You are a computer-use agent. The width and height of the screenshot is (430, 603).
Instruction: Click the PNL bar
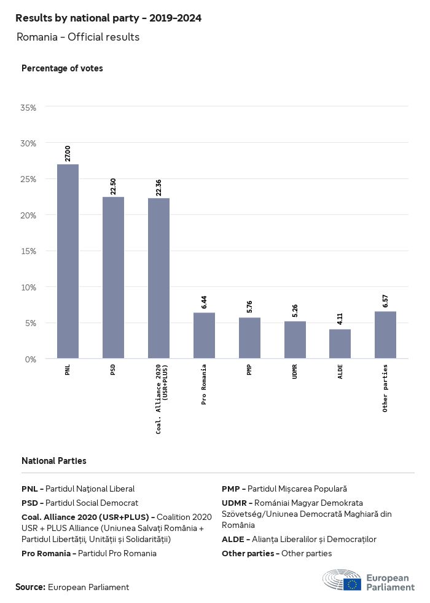(x=68, y=261)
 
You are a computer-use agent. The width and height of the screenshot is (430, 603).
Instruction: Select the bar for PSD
(x=113, y=278)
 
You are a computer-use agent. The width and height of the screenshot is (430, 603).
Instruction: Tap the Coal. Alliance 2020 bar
(x=158, y=278)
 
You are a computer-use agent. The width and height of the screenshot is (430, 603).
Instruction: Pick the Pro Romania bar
(x=204, y=335)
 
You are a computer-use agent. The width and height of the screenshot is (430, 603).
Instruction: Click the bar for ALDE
(x=340, y=344)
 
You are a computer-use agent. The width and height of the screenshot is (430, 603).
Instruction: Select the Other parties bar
(x=385, y=335)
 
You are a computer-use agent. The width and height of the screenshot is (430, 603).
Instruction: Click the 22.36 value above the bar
(x=158, y=187)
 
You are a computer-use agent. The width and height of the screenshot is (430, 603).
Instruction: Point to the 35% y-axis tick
(x=29, y=108)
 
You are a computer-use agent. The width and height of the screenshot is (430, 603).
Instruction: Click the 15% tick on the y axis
(x=29, y=251)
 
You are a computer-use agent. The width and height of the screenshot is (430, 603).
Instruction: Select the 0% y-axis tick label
(x=31, y=359)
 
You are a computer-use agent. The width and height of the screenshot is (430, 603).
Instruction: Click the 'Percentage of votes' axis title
(x=62, y=68)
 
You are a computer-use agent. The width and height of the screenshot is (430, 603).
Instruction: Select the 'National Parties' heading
(x=54, y=460)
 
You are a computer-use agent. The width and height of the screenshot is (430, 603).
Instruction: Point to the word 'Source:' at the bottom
(x=30, y=587)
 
